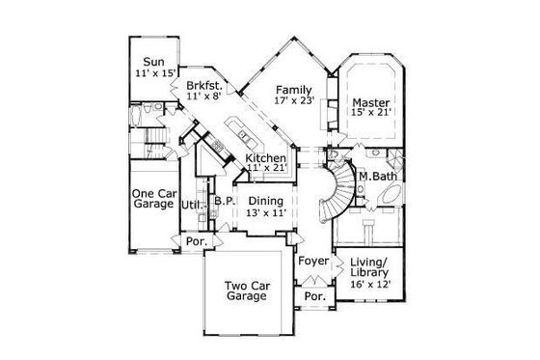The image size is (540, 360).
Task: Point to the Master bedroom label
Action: [369, 102]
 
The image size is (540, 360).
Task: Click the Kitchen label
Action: [264, 157]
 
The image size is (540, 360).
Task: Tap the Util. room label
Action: [192, 205]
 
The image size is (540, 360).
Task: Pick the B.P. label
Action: [225, 201]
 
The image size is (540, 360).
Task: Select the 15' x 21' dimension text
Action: [369, 114]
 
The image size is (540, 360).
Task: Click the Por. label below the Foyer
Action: [312, 296]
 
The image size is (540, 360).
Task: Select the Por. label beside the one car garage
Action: [194, 241]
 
